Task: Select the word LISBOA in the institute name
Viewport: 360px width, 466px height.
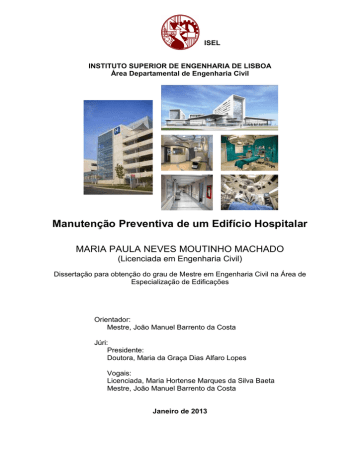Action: [x=255, y=65]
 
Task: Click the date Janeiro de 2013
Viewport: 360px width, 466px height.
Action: [x=181, y=410]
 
